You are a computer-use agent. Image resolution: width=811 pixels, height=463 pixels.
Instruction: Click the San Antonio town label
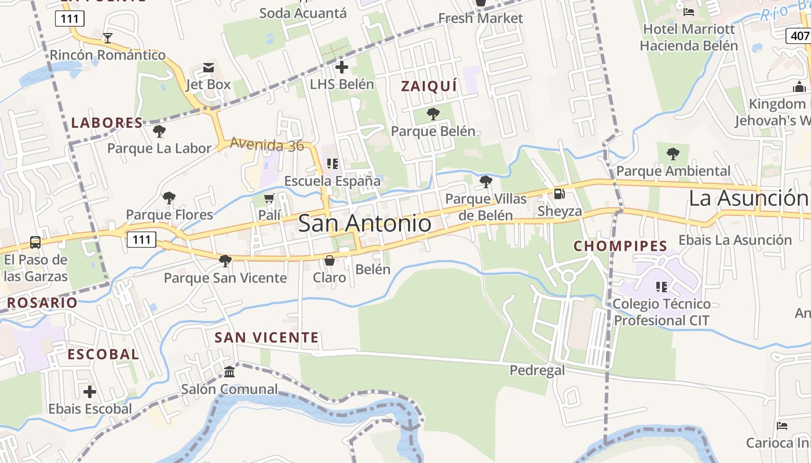[x=364, y=223]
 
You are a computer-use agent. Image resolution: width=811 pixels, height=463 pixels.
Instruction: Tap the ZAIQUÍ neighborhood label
[x=429, y=86]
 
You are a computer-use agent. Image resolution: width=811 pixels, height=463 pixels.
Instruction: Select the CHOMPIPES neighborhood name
[x=620, y=246]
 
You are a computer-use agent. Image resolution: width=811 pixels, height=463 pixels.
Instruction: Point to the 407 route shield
[x=799, y=36]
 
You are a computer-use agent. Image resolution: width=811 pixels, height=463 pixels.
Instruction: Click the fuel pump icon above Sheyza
[x=559, y=194]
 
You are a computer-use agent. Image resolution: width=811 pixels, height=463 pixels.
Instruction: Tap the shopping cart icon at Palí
[x=269, y=199]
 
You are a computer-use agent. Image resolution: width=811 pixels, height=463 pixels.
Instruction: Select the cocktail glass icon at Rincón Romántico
[x=107, y=38]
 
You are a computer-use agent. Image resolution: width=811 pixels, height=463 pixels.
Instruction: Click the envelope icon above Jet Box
[x=208, y=68]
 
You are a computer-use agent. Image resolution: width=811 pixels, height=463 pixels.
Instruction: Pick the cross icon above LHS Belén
[x=342, y=67]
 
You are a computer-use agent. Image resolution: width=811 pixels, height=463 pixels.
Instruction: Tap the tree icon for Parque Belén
[x=433, y=114]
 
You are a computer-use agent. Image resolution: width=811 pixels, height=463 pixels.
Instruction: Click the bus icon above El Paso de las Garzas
[x=35, y=242]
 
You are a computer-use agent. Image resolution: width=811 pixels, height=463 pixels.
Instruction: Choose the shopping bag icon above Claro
[x=329, y=260]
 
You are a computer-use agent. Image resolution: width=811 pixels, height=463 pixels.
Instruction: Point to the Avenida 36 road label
[x=266, y=145]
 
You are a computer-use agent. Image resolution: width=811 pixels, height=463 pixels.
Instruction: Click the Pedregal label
[x=537, y=370]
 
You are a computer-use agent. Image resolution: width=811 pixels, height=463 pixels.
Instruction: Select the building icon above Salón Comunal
[x=229, y=372]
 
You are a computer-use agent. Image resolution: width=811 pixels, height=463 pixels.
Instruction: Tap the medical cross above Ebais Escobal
[x=90, y=392]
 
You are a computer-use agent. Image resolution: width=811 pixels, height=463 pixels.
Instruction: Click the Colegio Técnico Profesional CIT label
[x=662, y=312]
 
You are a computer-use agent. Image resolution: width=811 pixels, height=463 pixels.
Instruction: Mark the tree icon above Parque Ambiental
[x=673, y=154]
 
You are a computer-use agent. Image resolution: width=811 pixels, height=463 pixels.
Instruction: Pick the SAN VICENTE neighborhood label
[x=266, y=337]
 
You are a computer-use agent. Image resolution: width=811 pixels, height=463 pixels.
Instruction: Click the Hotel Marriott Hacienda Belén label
[x=689, y=37]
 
